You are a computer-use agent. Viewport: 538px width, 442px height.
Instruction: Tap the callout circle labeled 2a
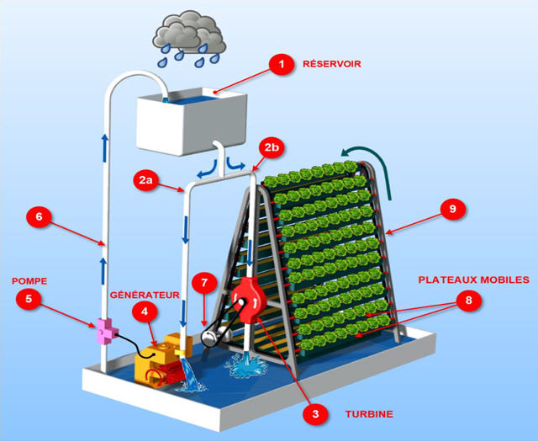point(146,178)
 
